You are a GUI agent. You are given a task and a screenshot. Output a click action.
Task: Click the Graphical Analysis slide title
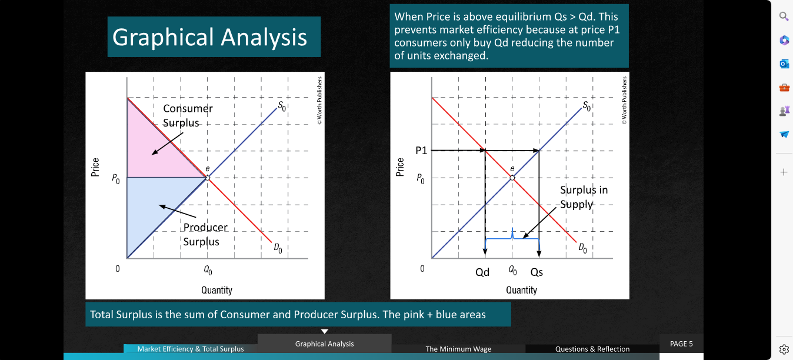coord(209,37)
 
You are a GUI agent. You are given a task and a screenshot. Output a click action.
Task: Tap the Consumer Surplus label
coord(188,115)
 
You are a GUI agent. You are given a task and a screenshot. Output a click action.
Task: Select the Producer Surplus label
coord(205,234)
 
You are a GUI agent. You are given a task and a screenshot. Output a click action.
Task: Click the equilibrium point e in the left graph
coord(208,178)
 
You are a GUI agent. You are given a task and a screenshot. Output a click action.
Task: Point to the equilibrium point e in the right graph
coord(512,178)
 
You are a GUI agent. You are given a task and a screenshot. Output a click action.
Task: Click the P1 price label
coord(421,151)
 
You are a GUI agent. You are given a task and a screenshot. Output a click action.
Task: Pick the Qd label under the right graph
coord(482,272)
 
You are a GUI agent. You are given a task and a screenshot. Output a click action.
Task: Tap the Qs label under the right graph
coord(537,272)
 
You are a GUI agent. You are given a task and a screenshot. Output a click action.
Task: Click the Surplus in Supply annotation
coord(584,197)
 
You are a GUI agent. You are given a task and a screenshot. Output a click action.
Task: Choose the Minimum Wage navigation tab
coord(458,349)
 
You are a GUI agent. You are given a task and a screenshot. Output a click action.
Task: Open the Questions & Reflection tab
coord(592,349)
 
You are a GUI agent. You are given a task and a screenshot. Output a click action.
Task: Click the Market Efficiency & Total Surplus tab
coord(191,349)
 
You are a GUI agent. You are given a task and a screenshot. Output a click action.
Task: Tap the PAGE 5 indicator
coord(681,344)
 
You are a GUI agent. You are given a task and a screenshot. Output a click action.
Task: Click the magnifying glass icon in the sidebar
coord(784,16)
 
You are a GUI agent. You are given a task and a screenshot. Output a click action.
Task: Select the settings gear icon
coord(784,349)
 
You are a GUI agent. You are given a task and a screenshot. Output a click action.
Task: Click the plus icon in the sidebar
coord(784,172)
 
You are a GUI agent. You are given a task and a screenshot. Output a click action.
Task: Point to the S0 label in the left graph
coord(282,106)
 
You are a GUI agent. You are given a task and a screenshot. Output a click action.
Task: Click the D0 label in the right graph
coord(583,248)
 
